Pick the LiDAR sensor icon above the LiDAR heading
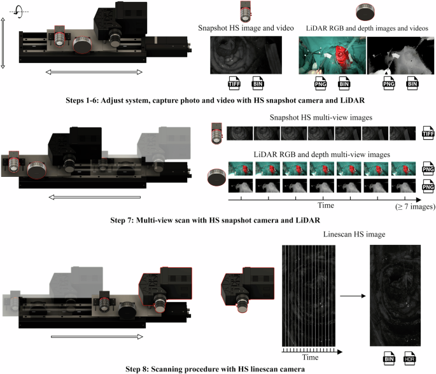(x=365, y=11)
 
